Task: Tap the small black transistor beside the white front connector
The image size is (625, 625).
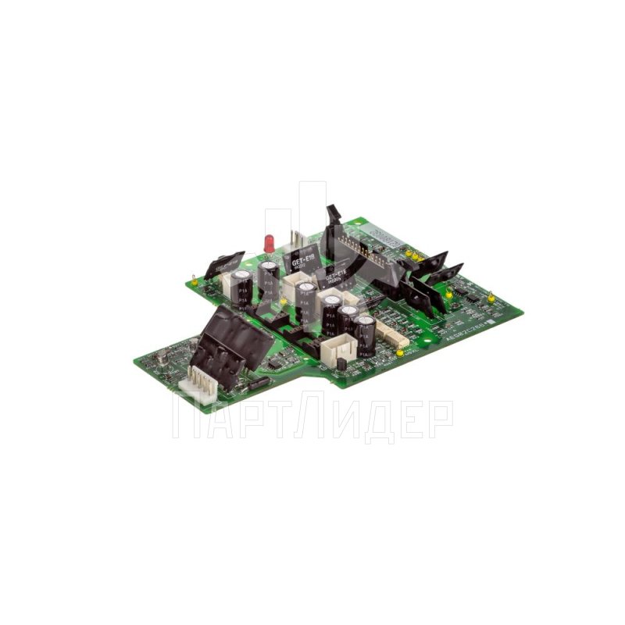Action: [341, 366]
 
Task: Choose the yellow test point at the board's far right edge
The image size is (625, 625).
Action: [490, 298]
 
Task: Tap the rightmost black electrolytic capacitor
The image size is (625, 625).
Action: [364, 331]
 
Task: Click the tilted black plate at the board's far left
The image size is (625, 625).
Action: [225, 264]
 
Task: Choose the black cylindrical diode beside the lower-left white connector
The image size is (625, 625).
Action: [258, 382]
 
